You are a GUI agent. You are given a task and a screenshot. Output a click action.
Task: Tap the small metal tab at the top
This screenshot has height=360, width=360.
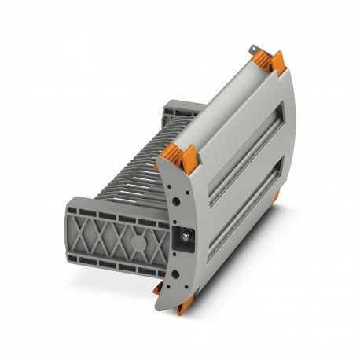(x=253, y=53)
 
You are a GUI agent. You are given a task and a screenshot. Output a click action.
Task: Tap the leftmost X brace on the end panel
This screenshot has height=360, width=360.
(x=93, y=233)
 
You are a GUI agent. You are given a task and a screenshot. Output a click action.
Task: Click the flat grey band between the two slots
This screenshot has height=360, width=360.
(x=244, y=179)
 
